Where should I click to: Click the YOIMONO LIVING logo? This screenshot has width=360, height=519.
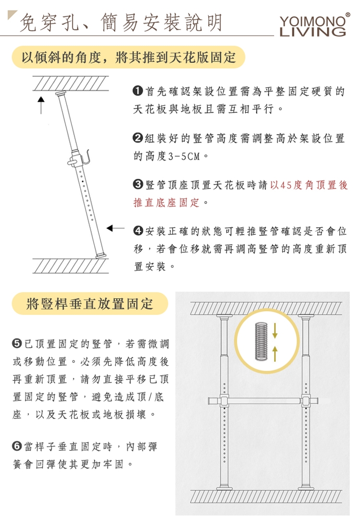tap(313, 25)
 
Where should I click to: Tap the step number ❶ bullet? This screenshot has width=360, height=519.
tap(138, 91)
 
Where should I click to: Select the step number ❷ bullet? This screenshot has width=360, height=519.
tap(138, 138)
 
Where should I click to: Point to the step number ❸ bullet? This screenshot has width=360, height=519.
tap(138, 185)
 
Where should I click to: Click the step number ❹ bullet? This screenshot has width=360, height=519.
tap(138, 231)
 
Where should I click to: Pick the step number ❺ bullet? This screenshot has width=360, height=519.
tap(17, 344)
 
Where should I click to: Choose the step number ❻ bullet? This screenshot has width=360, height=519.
tap(17, 446)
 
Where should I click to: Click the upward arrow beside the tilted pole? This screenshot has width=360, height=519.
tap(41, 105)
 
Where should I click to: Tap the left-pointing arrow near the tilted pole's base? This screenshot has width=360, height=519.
tap(116, 228)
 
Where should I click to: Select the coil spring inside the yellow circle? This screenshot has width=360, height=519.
tap(261, 341)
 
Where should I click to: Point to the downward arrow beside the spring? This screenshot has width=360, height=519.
tap(275, 331)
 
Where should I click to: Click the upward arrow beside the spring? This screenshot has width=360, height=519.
tap(275, 353)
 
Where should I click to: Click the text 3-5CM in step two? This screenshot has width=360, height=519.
tap(184, 156)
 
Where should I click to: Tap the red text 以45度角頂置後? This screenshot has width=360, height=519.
tap(309, 185)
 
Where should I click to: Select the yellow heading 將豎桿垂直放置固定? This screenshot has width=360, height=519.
tap(90, 303)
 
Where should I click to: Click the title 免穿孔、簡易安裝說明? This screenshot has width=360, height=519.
tap(121, 23)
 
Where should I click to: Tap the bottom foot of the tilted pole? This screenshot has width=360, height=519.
tap(101, 255)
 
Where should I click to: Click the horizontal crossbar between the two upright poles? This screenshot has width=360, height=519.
tap(264, 401)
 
